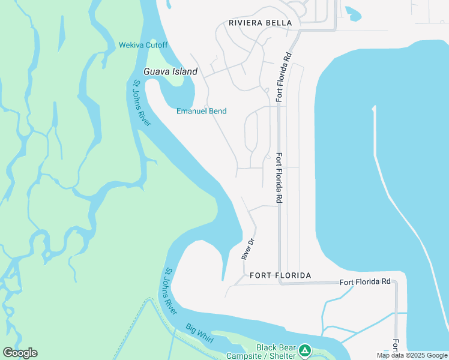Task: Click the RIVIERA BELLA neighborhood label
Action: click(261, 23)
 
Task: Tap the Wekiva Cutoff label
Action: click(143, 45)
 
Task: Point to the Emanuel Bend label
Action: click(201, 111)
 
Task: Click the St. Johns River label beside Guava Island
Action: click(142, 103)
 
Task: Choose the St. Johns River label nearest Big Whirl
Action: click(170, 291)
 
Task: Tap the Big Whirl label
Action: click(199, 334)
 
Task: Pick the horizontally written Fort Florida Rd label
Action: click(365, 281)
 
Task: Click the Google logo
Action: click(20, 353)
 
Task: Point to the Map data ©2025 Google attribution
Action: click(412, 355)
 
